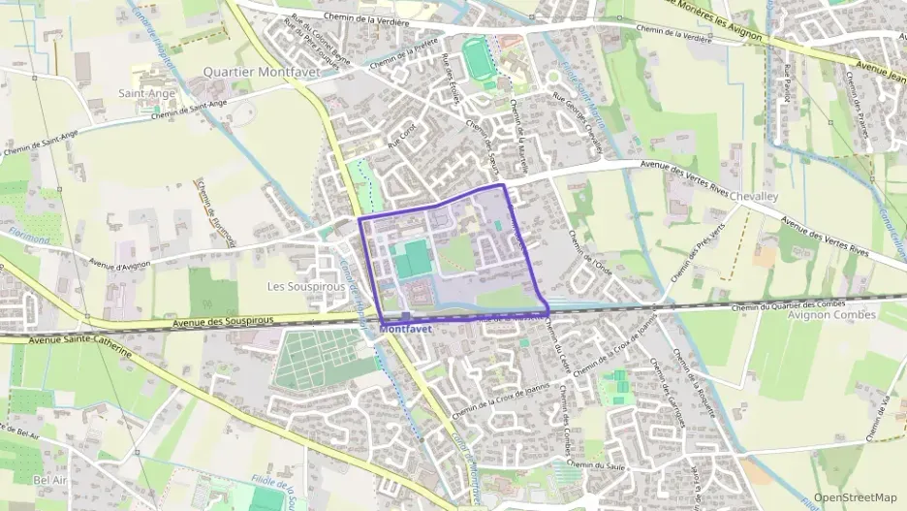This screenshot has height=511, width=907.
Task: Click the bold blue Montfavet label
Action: pyautogui.click(x=406, y=329)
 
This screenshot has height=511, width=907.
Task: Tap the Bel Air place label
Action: pyautogui.click(x=48, y=480)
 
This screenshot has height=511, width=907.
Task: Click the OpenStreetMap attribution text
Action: pyautogui.click(x=856, y=497)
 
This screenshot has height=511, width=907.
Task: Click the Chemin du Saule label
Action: pyautogui.click(x=592, y=465)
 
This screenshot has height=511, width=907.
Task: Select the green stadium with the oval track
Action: pyautogui.click(x=478, y=58)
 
